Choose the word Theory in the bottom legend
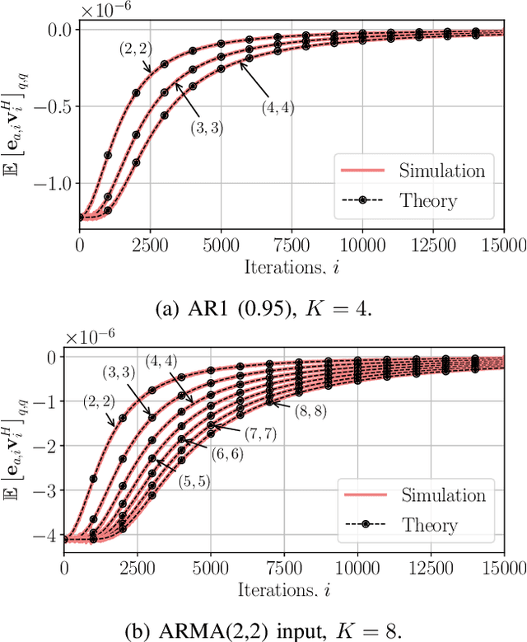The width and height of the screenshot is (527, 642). [428, 524]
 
